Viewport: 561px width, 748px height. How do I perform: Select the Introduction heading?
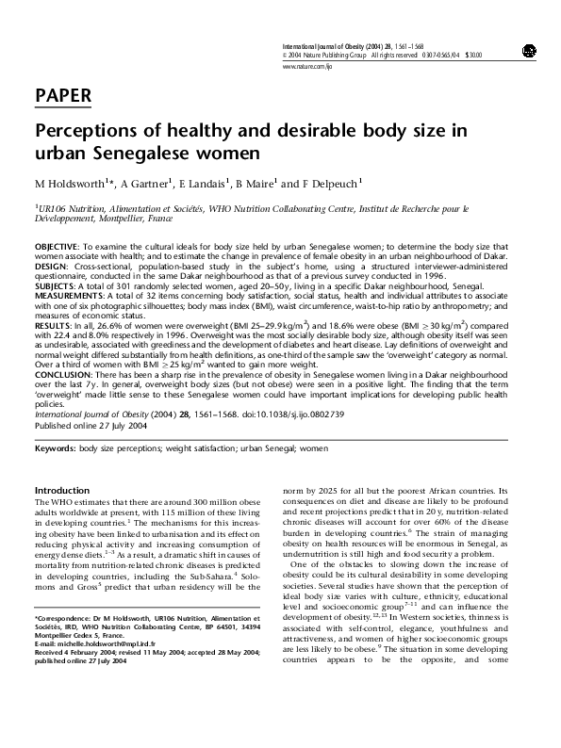pyautogui.click(x=62, y=491)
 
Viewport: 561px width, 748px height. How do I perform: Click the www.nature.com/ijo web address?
pyautogui.click(x=307, y=67)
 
